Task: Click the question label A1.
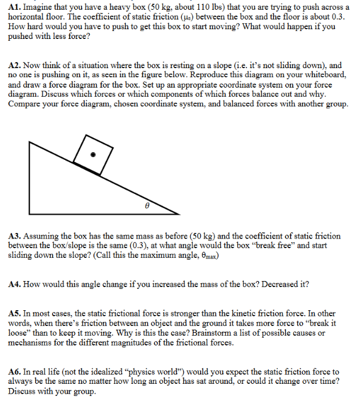[15, 7]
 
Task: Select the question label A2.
[15, 65]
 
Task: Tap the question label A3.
[15, 236]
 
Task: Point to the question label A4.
[15, 284]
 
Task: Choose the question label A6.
[15, 372]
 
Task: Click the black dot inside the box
[93, 154]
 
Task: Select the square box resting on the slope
[93, 154]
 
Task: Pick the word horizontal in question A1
[27, 17]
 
